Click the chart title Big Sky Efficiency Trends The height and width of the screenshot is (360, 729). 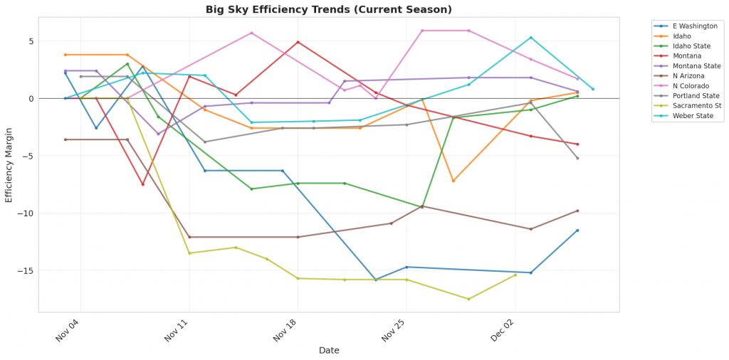[x=328, y=9]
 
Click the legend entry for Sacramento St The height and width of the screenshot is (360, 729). [x=688, y=105]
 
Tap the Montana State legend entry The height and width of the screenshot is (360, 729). [x=688, y=65]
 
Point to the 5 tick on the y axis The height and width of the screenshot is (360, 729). [x=31, y=41]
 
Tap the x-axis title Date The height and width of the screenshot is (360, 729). [x=329, y=351]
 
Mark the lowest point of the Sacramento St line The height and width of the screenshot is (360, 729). [x=468, y=299]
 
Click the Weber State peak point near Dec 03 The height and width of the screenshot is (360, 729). [x=530, y=38]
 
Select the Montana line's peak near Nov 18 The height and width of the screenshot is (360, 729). [x=298, y=42]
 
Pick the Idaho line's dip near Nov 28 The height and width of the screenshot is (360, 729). [x=453, y=181]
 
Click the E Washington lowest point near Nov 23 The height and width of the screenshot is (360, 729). [x=376, y=280]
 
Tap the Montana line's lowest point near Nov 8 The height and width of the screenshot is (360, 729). [x=142, y=184]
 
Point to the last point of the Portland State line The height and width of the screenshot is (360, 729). [x=577, y=158]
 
